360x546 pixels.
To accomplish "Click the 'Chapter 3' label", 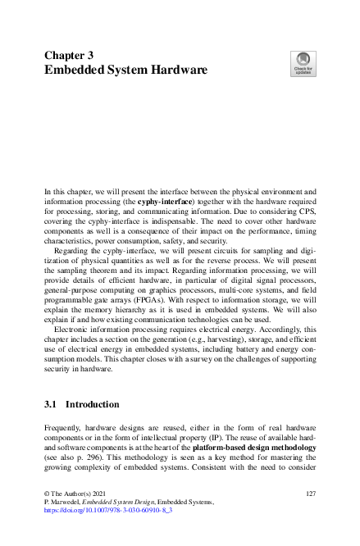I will click(x=68, y=56).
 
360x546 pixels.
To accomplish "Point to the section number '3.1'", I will click(x=51, y=404).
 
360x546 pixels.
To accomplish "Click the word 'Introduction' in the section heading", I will click(x=93, y=404).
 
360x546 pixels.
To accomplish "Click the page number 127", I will click(x=310, y=493).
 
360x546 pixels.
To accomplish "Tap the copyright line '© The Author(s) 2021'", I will click(x=77, y=493).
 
